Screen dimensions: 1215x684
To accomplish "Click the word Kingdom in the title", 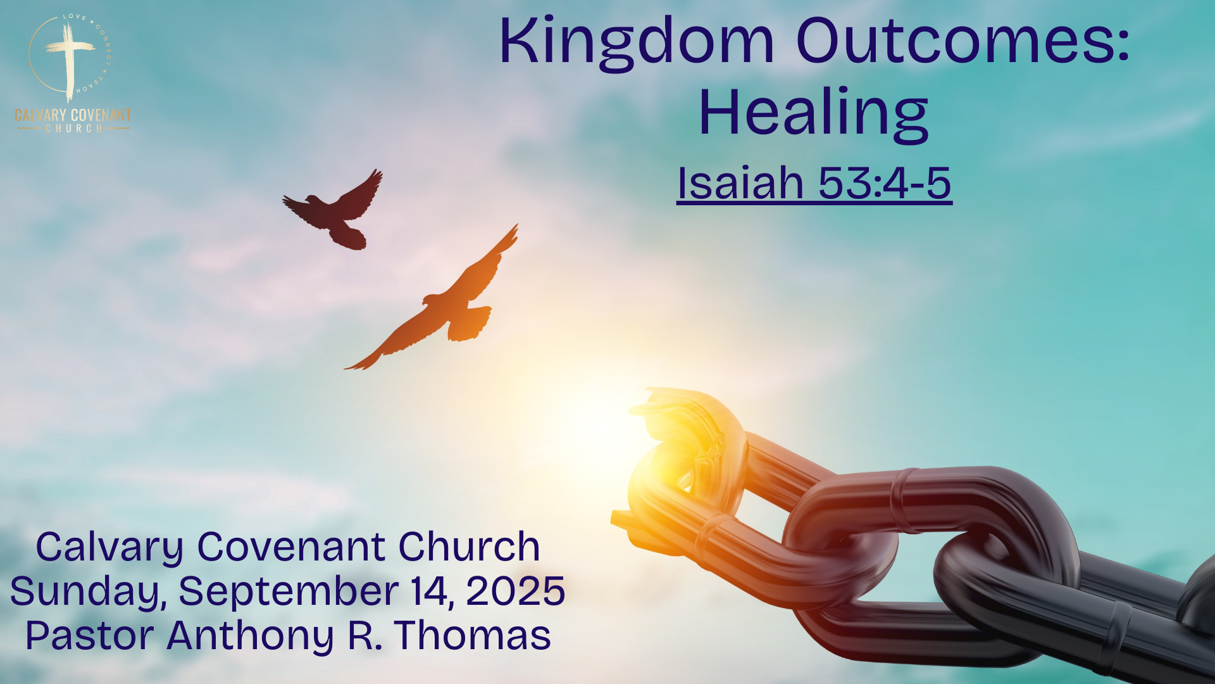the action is pos(637,43).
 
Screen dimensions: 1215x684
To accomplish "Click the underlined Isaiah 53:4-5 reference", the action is pos(814,184).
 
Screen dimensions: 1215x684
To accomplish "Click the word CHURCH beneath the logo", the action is pos(73,129).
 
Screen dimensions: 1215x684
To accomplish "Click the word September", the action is pos(289,592).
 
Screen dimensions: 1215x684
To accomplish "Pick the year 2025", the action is pos(515,591).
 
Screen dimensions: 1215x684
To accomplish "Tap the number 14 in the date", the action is pos(432,592).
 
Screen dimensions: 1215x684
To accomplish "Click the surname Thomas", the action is pos(472,635).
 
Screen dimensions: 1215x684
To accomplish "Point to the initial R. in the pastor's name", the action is pos(365,635).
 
